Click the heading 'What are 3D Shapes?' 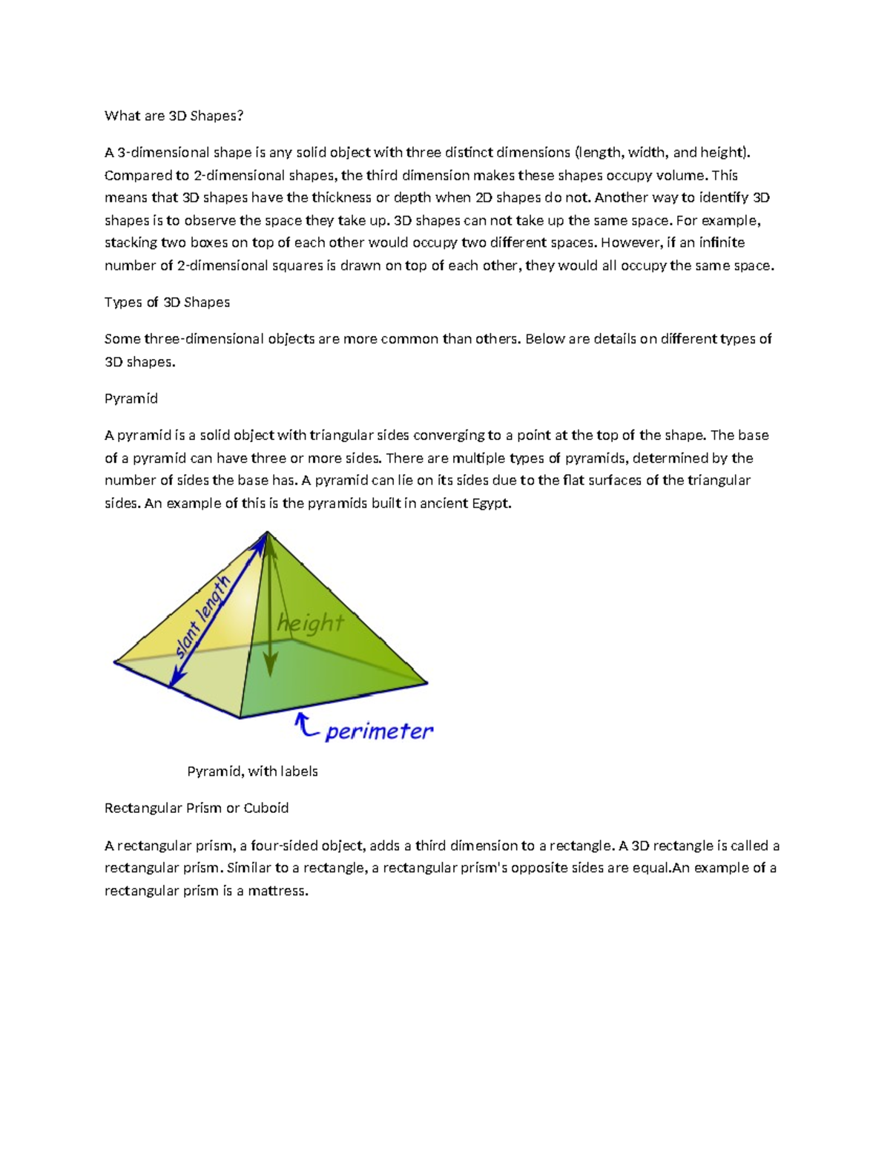click(174, 116)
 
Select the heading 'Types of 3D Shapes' click(167, 302)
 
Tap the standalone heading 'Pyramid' click(131, 398)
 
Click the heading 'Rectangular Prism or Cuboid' click(197, 808)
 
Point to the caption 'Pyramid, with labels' click(252, 771)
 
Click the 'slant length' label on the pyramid click(202, 617)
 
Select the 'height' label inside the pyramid click(311, 623)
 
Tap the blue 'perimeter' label click(378, 731)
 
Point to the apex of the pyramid click(267, 532)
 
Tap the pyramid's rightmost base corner click(428, 682)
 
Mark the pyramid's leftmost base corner click(114, 662)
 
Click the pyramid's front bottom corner click(240, 717)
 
